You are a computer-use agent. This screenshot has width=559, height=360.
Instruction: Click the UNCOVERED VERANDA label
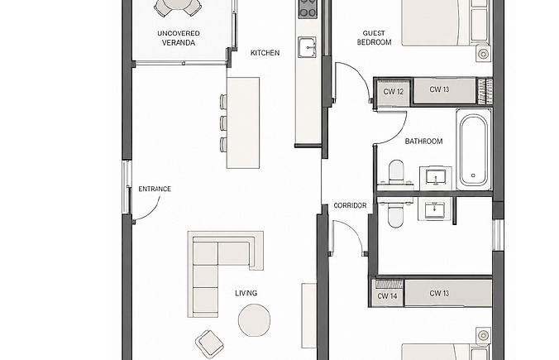click(179, 38)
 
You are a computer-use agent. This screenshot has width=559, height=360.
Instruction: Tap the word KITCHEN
click(265, 53)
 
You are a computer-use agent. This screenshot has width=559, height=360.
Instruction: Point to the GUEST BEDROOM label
click(374, 37)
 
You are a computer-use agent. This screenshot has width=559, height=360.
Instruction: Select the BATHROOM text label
click(423, 142)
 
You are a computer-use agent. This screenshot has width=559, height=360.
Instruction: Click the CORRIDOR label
click(350, 205)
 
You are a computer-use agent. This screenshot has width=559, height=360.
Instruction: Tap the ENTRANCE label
click(155, 189)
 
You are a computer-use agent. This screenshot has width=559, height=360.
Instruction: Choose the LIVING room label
click(246, 293)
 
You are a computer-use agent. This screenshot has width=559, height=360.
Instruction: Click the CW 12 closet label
click(394, 92)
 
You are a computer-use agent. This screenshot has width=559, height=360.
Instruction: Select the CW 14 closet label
click(387, 296)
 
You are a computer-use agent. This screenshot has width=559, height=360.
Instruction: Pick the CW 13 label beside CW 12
click(440, 89)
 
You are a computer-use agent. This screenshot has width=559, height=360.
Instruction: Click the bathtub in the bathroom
click(474, 150)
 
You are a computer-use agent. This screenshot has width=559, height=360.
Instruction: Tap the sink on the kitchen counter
click(308, 47)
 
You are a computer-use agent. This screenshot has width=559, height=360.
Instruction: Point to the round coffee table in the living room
click(254, 320)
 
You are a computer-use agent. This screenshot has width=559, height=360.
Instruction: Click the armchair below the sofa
click(209, 343)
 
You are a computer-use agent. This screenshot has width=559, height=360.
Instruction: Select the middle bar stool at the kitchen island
click(223, 122)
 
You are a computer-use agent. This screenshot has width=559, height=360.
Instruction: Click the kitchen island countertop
click(243, 122)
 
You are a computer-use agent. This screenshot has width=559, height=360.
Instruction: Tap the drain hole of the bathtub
click(474, 175)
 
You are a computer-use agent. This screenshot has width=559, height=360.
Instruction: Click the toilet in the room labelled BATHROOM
click(396, 173)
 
